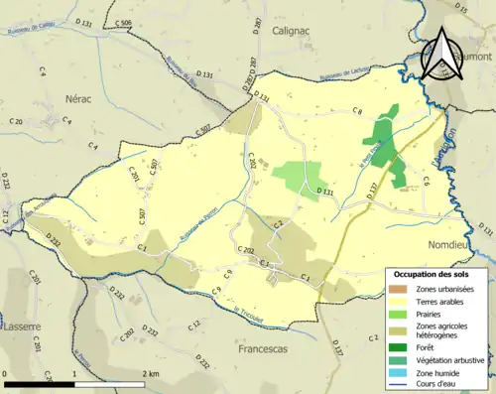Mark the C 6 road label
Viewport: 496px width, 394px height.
(x=425, y=181)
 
